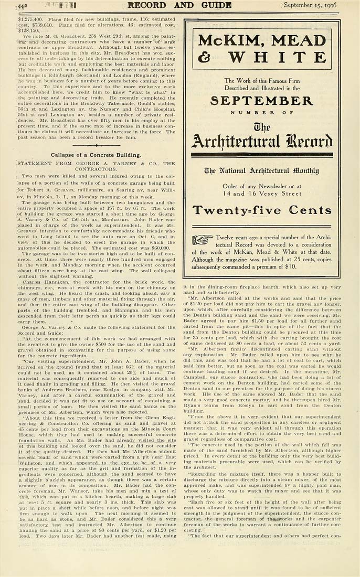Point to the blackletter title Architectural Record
261,141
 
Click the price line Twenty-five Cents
262,211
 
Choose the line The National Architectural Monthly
261,170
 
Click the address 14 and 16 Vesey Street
261,193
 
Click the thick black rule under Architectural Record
261,155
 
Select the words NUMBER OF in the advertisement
261,112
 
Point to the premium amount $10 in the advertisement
305,267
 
